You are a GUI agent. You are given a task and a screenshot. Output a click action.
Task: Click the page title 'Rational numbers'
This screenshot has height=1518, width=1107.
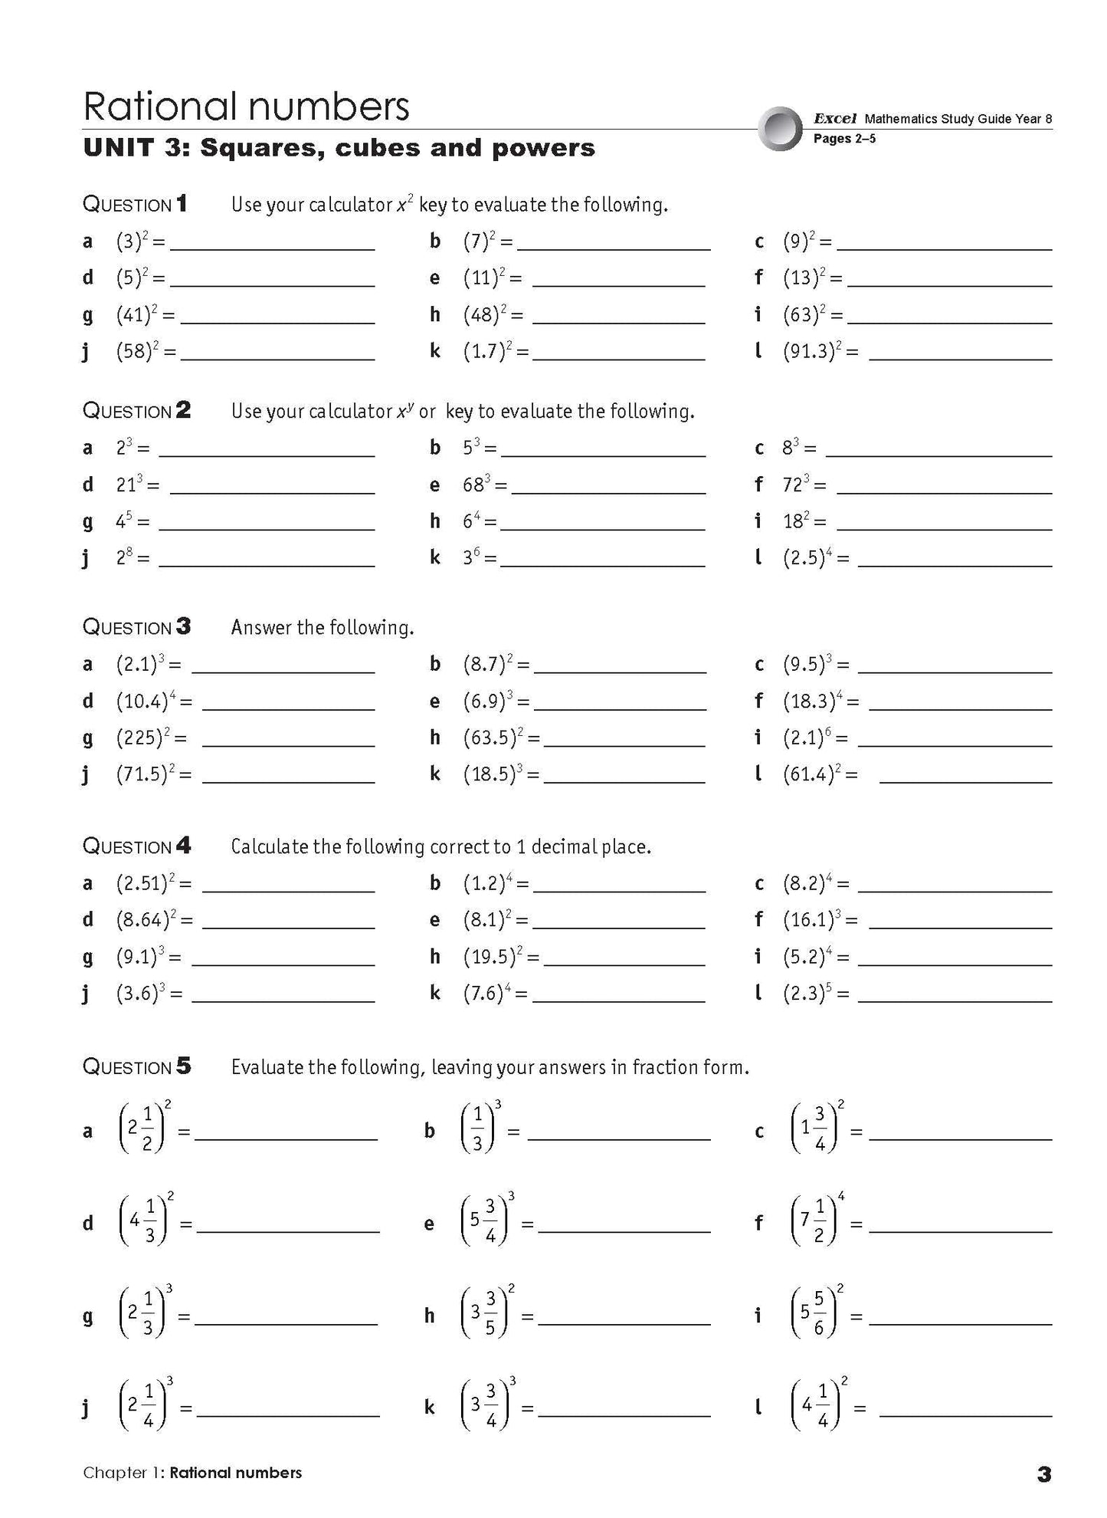point(246,106)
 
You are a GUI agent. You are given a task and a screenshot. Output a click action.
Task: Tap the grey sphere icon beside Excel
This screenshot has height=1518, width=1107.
point(780,128)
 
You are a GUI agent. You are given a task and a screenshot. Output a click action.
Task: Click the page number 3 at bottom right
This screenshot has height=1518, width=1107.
point(1043,1474)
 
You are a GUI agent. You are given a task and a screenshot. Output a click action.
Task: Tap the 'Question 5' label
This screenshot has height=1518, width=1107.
point(136,1066)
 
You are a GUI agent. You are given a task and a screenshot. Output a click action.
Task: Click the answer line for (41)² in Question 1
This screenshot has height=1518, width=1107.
point(277,323)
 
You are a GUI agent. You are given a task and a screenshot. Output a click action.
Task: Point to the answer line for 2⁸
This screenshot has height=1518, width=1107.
point(266,566)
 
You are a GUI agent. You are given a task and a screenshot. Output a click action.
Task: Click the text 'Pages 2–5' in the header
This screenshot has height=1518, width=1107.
point(844,139)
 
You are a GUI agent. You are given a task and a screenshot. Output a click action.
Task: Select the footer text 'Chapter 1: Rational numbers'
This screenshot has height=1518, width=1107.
point(192,1473)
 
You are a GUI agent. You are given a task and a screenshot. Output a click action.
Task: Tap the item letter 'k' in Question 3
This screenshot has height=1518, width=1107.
point(434,774)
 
